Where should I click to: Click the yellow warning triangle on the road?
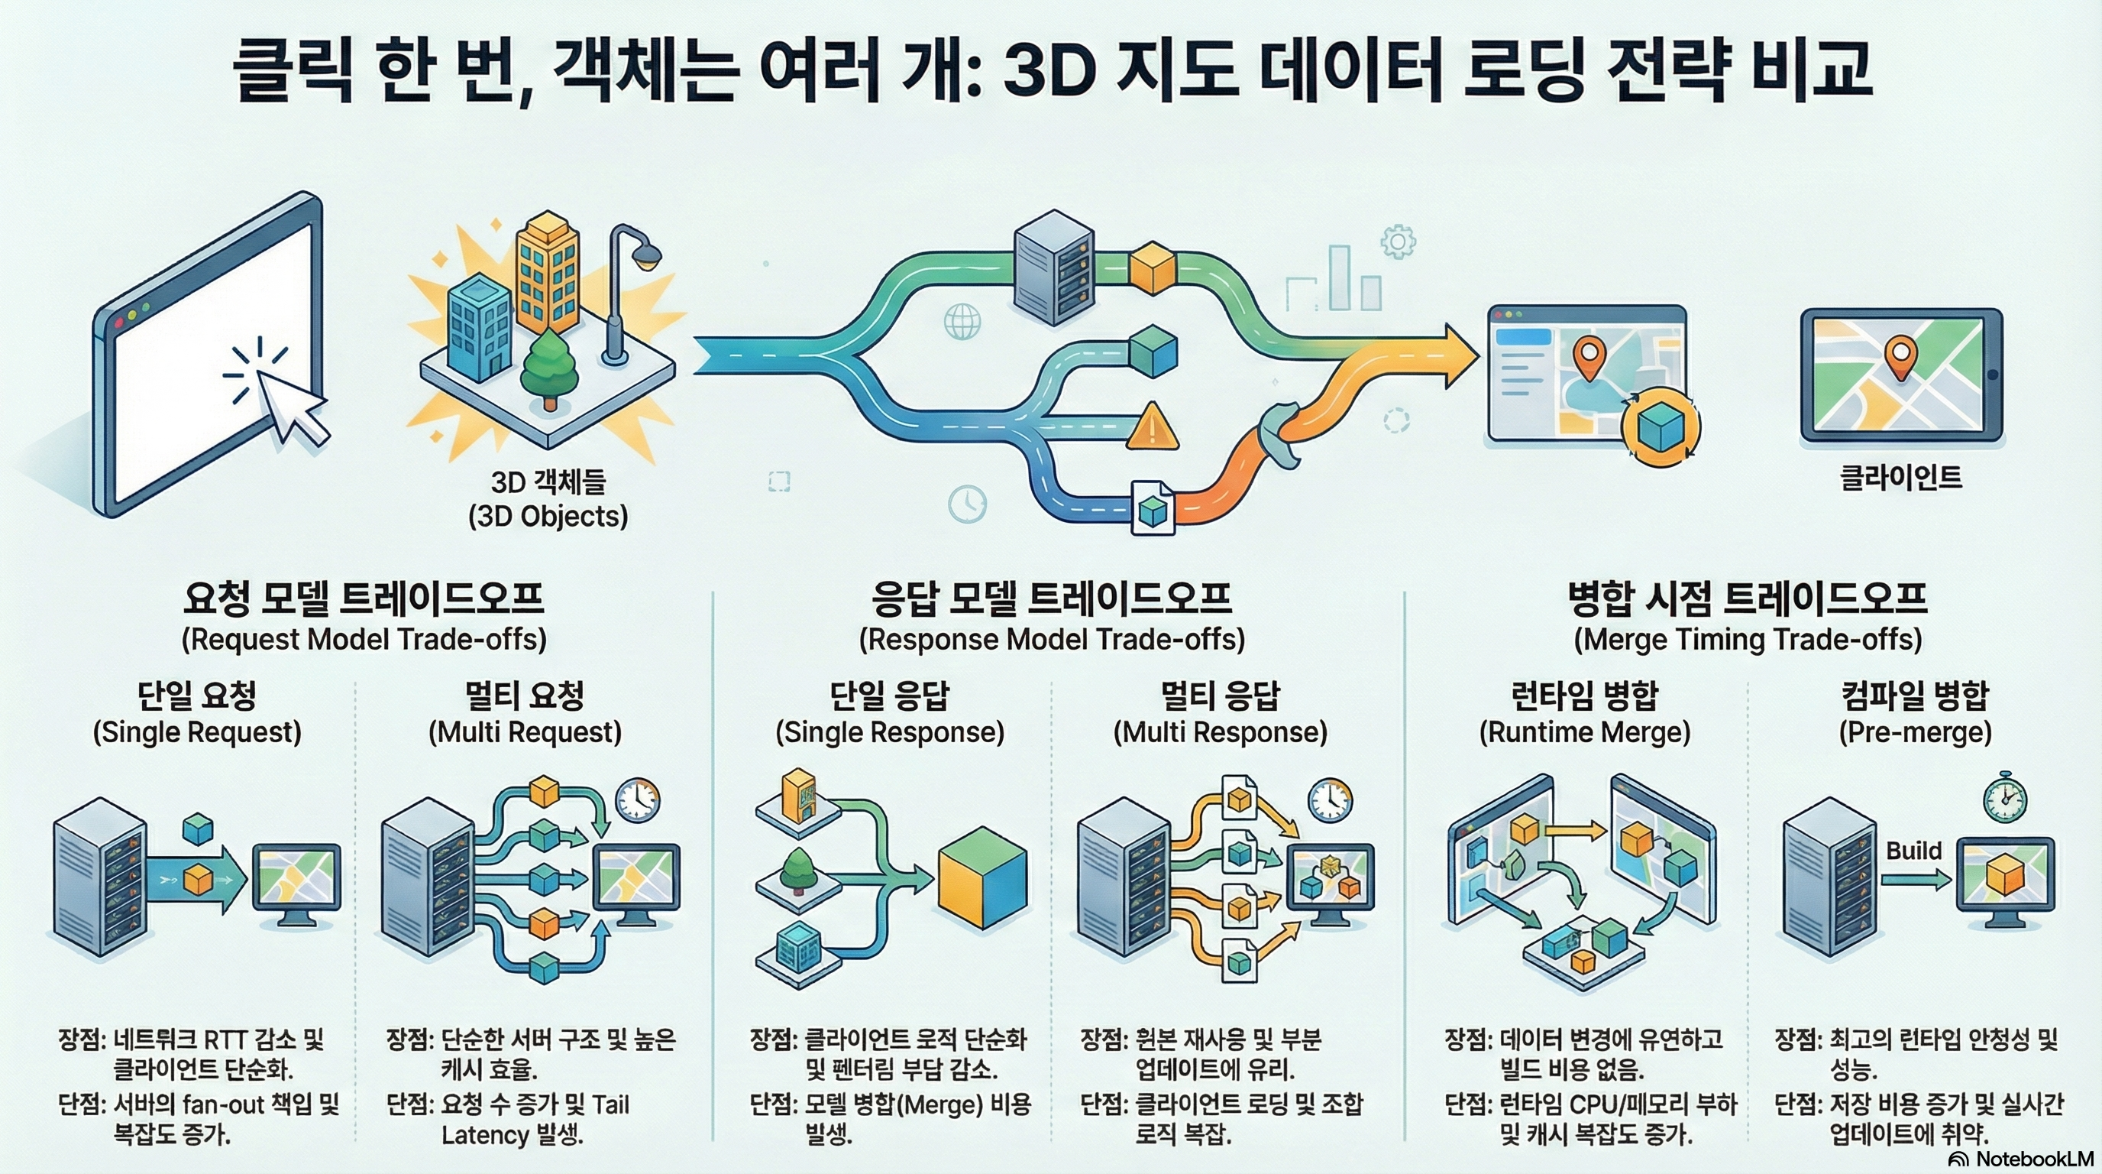pos(1152,427)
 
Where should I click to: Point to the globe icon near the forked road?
pos(961,321)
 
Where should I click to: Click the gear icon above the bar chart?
pos(1397,242)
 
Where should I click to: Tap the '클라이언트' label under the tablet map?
pos(1900,477)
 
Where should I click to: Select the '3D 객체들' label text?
pos(548,482)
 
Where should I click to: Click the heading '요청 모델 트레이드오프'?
pos(363,598)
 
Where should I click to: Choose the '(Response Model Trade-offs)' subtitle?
pos(1052,639)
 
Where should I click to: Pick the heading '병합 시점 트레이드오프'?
pos(1747,598)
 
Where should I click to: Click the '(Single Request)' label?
pos(196,732)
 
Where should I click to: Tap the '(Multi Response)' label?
pos(1220,732)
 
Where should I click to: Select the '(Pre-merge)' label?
pos(1914,732)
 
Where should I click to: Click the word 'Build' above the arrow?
pos(1913,851)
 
